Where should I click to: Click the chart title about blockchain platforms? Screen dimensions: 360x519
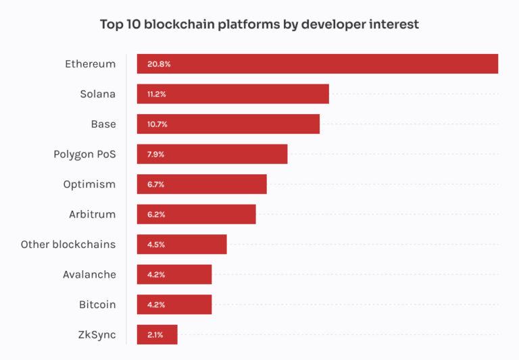point(259,24)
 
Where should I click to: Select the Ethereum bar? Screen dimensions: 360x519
point(318,64)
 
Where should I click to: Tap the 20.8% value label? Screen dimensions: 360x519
point(159,64)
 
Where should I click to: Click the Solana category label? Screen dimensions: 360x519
point(97,94)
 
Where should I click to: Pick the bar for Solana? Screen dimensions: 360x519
point(233,94)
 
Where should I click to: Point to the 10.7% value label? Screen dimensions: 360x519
point(157,124)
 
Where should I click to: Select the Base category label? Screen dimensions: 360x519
point(103,124)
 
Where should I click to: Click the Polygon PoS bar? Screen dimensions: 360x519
point(212,154)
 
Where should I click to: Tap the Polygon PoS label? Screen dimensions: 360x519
point(84,154)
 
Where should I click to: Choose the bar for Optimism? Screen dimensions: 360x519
point(202,184)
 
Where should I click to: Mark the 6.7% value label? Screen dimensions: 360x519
point(156,184)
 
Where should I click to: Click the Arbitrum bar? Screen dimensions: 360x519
point(197,214)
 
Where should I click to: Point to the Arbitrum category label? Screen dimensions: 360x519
point(92,214)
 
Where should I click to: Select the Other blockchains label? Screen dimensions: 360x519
point(68,245)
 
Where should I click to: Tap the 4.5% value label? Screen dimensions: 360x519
point(156,245)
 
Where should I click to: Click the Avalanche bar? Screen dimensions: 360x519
point(174,274)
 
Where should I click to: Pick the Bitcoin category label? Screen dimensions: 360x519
point(97,305)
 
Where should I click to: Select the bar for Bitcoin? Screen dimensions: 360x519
point(174,305)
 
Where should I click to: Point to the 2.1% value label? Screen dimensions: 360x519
point(155,334)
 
